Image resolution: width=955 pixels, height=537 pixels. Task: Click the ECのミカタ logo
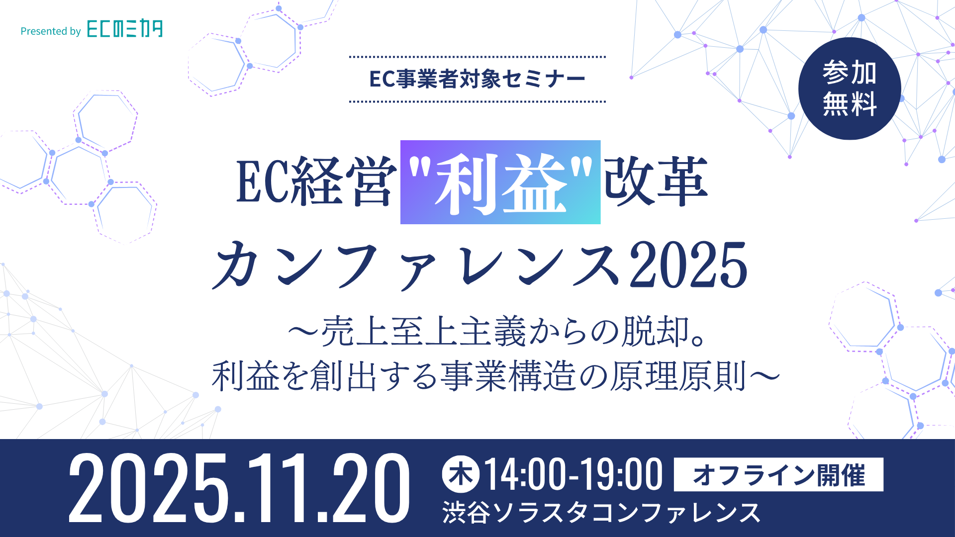pos(125,28)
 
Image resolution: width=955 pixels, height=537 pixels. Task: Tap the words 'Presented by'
pos(51,31)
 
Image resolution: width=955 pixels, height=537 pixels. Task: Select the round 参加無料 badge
pos(850,89)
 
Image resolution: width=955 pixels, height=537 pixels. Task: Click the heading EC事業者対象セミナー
pos(477,79)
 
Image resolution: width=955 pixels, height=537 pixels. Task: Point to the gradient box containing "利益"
pos(500,182)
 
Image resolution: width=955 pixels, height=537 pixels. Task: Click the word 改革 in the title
pos(656,181)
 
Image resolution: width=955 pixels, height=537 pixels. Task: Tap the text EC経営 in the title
pos(316,181)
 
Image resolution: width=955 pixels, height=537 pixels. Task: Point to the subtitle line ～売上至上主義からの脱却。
pos(497,332)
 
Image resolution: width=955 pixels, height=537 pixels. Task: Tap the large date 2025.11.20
pos(239,488)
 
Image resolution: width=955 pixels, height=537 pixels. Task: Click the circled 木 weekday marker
pos(461,474)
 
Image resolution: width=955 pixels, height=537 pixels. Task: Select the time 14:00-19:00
pos(573,475)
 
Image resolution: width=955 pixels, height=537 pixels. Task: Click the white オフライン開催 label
pos(778,475)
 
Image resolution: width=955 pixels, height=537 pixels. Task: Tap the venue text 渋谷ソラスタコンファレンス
pos(601,513)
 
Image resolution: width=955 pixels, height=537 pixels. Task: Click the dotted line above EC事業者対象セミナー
pos(477,57)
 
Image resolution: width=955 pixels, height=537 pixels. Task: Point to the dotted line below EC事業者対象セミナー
pos(477,101)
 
